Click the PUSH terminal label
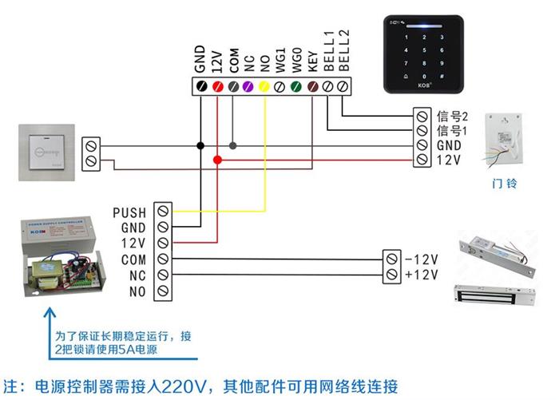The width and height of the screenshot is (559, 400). (x=129, y=213)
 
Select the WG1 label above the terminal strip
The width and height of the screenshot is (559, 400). (x=280, y=62)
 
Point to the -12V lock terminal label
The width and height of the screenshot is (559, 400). (x=422, y=259)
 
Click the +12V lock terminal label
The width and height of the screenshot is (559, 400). (x=422, y=275)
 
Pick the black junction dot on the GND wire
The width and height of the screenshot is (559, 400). (x=200, y=145)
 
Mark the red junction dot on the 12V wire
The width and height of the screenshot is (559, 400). (x=217, y=160)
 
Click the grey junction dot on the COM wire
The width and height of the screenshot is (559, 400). (x=233, y=145)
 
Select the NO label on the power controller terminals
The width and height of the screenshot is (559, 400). (x=137, y=291)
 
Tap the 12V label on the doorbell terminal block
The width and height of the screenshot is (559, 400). (x=447, y=161)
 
